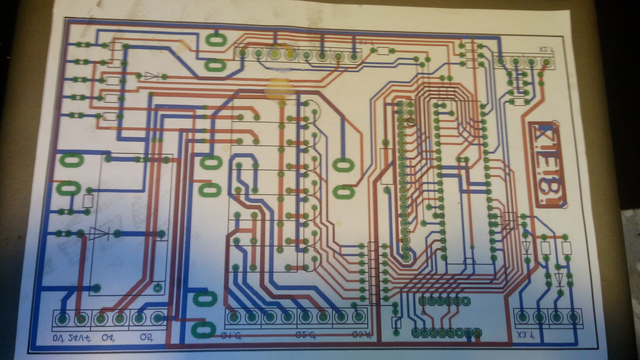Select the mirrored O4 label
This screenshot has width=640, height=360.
107,338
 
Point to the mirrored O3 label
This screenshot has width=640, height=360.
147,338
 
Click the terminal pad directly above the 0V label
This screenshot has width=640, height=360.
62,318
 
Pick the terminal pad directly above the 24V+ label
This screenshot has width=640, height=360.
80,318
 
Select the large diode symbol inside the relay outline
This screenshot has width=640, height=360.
98,233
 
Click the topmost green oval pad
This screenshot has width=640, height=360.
216,40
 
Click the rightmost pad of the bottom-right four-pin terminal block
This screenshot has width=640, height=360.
573,316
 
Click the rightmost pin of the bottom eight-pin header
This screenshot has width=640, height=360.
477,332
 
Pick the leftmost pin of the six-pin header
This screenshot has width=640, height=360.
422,301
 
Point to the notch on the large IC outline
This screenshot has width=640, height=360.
469,261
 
